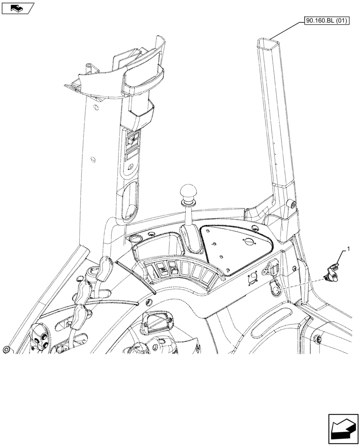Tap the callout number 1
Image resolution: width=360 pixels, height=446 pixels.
[348, 248]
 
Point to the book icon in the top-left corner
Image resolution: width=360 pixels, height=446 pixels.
[17, 8]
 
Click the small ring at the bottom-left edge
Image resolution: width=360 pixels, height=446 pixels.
[6, 350]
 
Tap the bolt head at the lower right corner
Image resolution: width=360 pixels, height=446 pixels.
[317, 340]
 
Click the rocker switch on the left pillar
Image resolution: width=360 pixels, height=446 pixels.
[132, 140]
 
